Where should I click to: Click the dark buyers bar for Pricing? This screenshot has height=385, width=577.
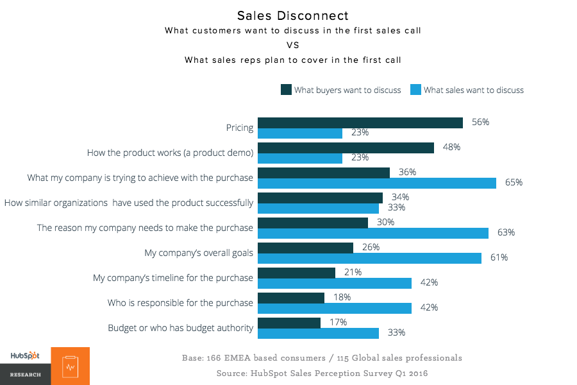pos(360,123)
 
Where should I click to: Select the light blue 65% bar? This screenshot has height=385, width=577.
pos(377,183)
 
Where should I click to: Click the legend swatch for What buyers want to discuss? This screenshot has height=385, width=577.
pos(286,90)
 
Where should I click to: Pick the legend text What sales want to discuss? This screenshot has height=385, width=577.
pos(473,90)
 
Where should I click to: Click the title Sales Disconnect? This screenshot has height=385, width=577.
pos(292,15)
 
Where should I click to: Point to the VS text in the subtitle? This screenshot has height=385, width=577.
pos(292,46)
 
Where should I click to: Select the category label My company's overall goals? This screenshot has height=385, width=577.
pos(199,253)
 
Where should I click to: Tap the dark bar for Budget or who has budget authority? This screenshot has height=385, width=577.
pos(288,323)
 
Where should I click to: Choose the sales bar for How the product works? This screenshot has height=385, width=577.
pos(300,158)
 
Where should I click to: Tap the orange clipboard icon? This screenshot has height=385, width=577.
pos(71,366)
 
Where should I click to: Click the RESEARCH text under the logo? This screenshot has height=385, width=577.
pos(25,374)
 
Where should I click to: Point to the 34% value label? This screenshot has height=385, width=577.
pos(400,197)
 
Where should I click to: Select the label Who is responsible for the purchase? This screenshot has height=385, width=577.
pos(181,303)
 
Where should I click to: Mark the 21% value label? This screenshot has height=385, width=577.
pos(353,272)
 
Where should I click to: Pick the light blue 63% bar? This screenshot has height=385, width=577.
pos(373,233)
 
